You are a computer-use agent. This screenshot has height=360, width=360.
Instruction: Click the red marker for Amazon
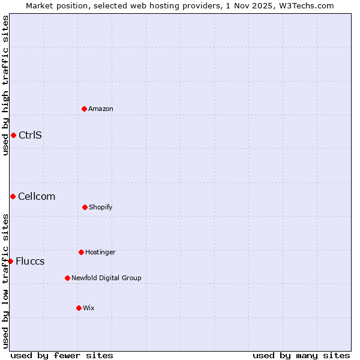click(85, 109)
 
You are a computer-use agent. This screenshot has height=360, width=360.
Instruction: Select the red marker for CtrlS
click(13, 135)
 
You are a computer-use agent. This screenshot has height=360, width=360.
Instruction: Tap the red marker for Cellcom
click(13, 196)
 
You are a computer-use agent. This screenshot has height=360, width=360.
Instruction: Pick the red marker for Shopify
click(85, 207)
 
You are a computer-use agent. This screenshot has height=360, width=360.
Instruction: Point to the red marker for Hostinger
click(81, 252)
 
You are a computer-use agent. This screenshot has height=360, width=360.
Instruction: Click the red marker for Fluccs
click(11, 261)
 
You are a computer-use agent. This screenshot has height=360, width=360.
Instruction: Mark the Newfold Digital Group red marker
click(67, 278)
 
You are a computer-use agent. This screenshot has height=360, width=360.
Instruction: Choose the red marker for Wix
click(79, 308)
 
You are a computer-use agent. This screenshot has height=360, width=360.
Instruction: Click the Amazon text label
click(101, 109)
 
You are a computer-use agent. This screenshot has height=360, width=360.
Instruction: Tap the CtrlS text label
click(30, 135)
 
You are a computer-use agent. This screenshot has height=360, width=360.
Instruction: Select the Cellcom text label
click(37, 196)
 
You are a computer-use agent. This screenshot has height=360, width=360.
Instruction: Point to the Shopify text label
click(101, 207)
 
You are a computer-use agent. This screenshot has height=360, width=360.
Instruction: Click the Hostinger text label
click(100, 252)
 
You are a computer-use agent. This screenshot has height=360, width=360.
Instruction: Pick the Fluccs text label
click(30, 261)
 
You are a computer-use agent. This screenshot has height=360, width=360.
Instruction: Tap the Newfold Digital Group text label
click(106, 278)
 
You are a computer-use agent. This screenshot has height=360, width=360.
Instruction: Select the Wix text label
click(89, 308)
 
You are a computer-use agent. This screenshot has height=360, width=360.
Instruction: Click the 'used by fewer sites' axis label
click(62, 355)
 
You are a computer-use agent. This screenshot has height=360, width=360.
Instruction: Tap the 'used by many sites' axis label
click(301, 355)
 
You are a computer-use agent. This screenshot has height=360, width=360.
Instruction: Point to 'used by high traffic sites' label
click(5, 85)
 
